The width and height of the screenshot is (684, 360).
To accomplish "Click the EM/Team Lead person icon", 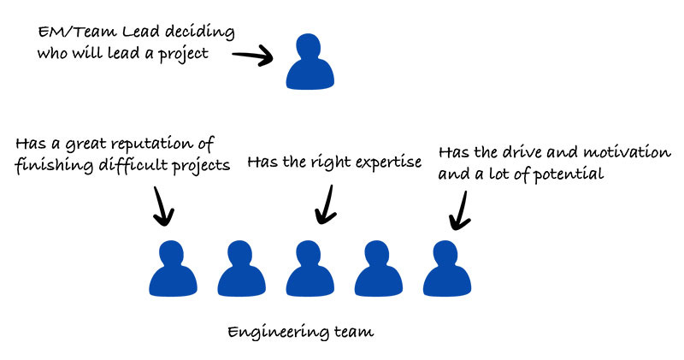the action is pyautogui.click(x=310, y=63).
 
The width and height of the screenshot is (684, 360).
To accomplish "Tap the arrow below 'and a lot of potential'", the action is pyautogui.click(x=460, y=208).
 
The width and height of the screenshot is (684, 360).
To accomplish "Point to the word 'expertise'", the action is pyautogui.click(x=388, y=162).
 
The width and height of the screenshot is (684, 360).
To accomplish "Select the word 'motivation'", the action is pyautogui.click(x=628, y=152).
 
